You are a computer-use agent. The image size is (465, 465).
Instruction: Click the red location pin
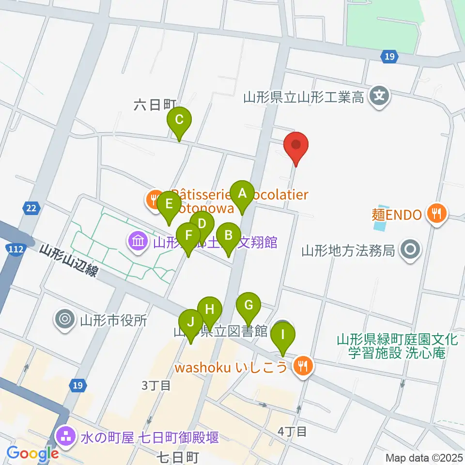pos(295,146)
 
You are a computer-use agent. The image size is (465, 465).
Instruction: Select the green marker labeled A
pos(242,194)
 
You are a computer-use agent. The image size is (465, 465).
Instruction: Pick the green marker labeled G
pos(248,306)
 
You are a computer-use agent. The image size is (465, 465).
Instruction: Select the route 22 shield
pos(31,208)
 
